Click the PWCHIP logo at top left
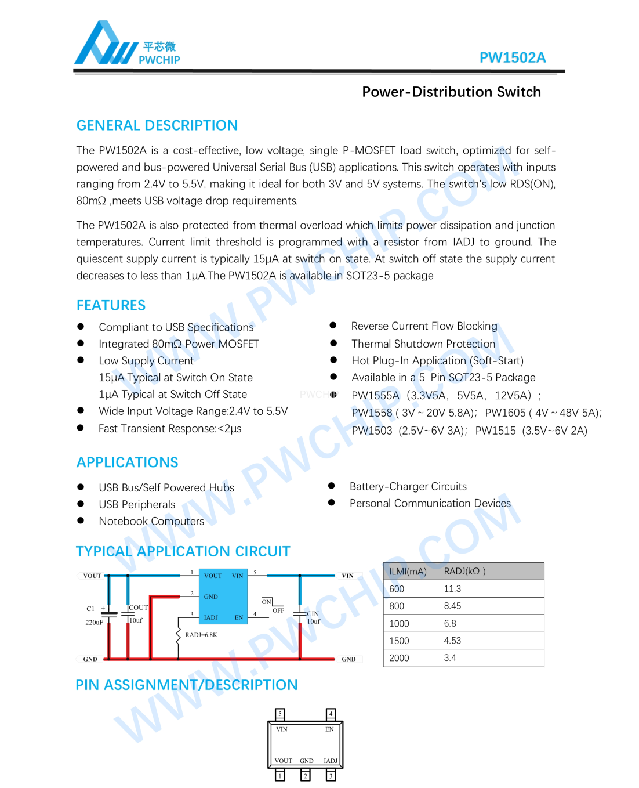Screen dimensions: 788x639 coord(127,44)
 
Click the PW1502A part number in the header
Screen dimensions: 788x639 coord(512,57)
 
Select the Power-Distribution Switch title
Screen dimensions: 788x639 coord(451,92)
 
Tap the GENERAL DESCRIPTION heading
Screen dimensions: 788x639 coord(157,125)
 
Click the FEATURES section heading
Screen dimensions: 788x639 coord(111,305)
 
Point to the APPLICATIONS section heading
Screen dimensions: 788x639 coord(128,462)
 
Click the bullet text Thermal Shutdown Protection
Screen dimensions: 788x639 coord(423,344)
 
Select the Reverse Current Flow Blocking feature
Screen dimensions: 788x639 coord(424,326)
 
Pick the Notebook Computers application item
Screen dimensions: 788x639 coord(151,521)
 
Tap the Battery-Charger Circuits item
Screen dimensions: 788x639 coord(408,486)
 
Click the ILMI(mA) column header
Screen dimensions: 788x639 coord(408,572)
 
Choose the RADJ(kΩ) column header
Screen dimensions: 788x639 coord(464,572)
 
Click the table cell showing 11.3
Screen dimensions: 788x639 coord(452,589)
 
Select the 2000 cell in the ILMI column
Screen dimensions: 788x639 coord(399,658)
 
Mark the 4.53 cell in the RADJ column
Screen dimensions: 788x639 coord(452,641)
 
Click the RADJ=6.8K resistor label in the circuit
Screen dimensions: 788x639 coord(201,635)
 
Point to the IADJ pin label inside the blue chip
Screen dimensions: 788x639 coord(211,617)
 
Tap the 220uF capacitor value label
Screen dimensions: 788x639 coord(94,622)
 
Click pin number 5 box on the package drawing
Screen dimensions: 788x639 coord(280,714)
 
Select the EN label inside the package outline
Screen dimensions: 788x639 coord(329,729)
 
